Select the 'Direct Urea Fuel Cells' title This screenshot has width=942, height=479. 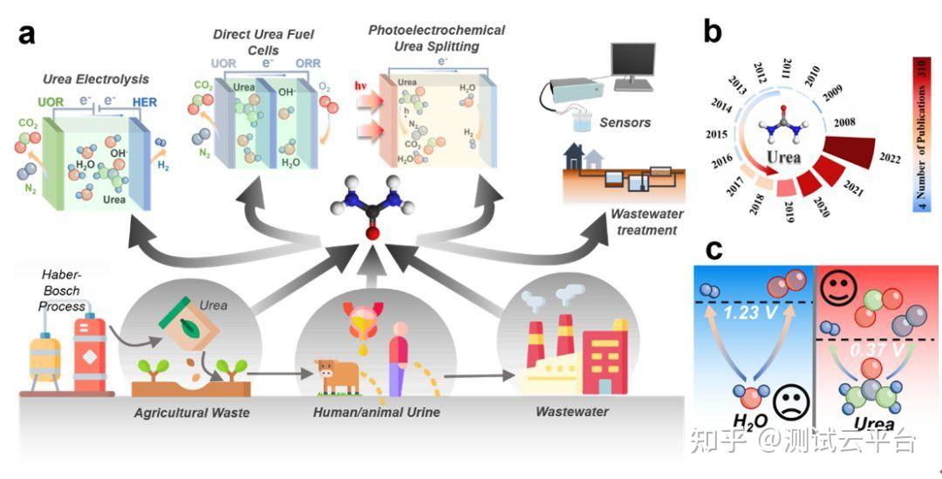[263, 41]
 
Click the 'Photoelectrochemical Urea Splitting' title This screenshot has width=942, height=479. [436, 37]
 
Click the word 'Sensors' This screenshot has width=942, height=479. [625, 123]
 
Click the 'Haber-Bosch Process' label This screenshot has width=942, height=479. [64, 291]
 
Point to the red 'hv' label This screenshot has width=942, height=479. [361, 87]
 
